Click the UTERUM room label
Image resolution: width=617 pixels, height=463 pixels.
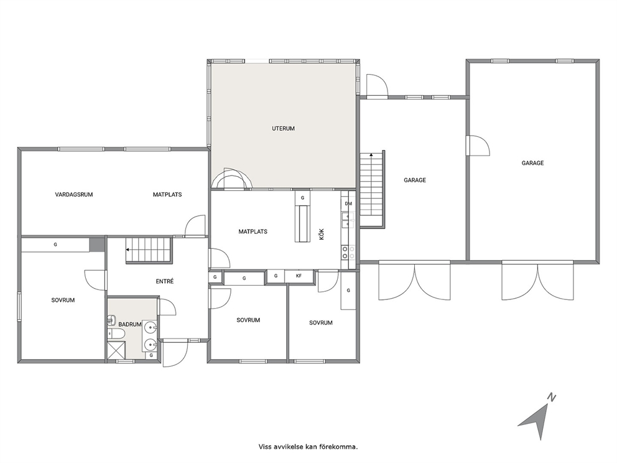tap(284, 128)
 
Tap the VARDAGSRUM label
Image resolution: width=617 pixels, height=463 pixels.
tap(74, 194)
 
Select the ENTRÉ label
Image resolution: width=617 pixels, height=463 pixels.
tap(164, 281)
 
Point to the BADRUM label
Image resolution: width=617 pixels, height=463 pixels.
tap(130, 324)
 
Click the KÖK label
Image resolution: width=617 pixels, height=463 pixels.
tap(322, 234)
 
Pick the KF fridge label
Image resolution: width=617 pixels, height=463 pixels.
tap(299, 276)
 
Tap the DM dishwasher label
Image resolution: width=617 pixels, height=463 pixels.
tap(348, 203)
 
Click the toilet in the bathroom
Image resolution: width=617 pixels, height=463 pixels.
tap(116, 334)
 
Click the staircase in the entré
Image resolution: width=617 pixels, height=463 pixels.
tap(149, 250)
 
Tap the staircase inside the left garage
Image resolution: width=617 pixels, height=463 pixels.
tap(371, 189)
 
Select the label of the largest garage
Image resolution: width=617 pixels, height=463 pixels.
tap(532, 162)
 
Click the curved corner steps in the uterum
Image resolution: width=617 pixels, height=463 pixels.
tap(231, 179)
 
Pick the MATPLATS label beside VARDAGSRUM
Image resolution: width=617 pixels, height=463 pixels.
tap(167, 194)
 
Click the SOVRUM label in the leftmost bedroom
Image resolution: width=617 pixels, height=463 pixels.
tap(63, 300)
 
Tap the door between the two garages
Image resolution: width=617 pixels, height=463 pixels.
tap(477, 145)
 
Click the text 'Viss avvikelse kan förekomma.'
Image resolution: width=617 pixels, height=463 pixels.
tap(308, 446)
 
